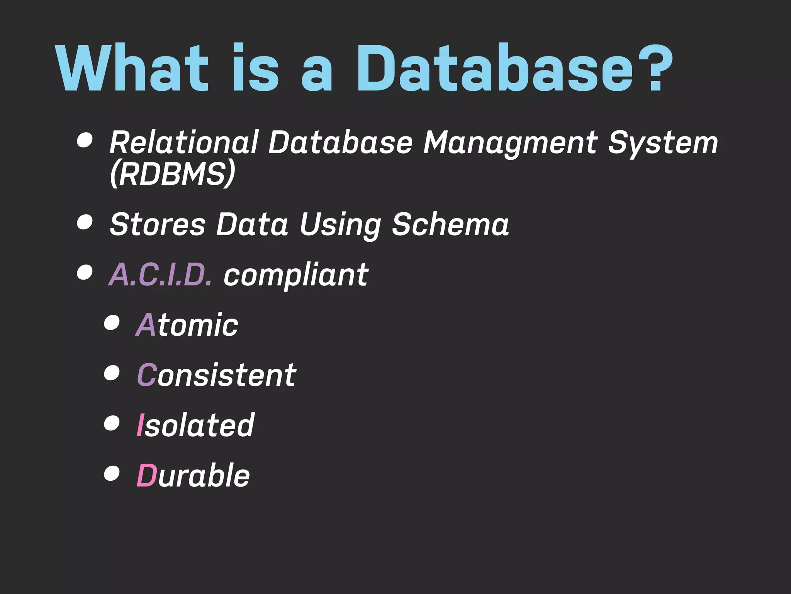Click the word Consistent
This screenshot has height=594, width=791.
tap(217, 375)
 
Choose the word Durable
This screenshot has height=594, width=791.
tap(194, 475)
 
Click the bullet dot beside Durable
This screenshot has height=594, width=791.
tap(112, 473)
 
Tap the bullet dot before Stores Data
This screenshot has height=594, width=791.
tap(85, 222)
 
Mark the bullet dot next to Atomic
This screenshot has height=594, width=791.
tap(112, 323)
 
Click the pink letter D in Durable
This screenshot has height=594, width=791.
tap(146, 475)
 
